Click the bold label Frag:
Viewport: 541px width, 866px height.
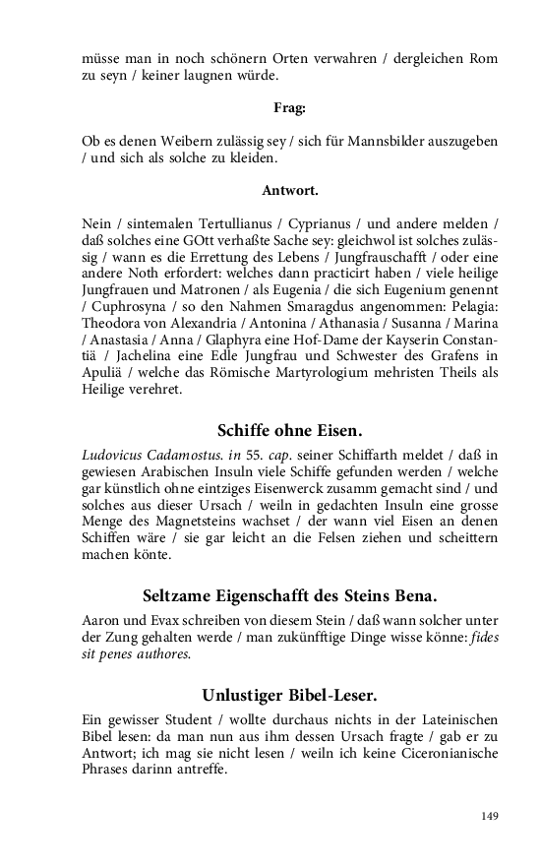289,108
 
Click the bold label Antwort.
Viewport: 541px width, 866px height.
289,191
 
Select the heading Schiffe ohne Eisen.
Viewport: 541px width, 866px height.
289,430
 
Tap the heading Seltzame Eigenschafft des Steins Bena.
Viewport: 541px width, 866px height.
289,596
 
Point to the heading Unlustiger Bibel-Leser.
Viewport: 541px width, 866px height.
289,696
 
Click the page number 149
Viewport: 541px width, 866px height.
490,816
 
